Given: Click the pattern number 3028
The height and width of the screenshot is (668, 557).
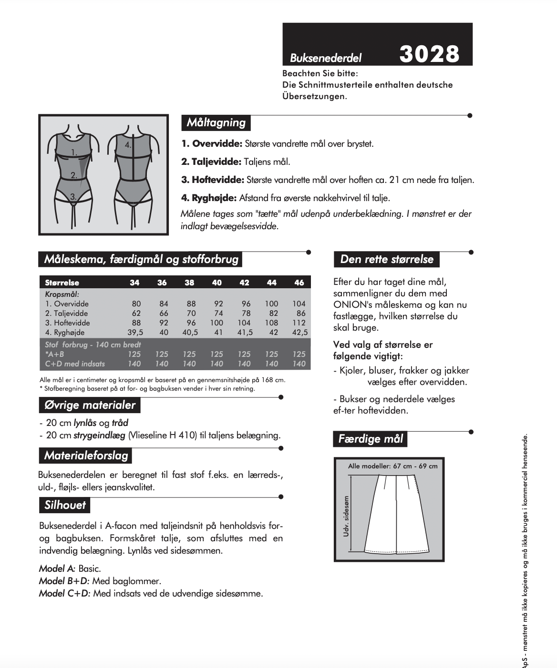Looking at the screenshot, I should point(429,54).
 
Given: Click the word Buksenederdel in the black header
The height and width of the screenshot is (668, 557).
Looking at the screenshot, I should point(326,58).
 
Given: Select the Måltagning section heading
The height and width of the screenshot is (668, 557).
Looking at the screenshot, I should point(216,122).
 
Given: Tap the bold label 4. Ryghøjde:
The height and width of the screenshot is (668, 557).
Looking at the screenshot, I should point(209,198).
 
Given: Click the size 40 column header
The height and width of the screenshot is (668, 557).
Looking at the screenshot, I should point(217,283).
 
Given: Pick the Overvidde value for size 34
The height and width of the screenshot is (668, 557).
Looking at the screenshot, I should point(136,304).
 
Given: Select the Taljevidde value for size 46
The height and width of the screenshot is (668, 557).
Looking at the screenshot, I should point(300,313).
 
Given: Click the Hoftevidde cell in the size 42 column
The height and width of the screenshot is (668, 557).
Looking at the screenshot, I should point(244,323).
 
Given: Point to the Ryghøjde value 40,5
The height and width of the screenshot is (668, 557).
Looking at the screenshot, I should point(190,332).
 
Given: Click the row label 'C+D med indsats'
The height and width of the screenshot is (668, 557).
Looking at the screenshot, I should point(75,364).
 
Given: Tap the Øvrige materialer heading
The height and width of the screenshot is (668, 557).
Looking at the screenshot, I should point(90,405).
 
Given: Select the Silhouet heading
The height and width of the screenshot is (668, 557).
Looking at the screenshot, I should point(65,505).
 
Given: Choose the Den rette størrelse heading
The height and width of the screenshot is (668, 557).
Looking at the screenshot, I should point(387,259).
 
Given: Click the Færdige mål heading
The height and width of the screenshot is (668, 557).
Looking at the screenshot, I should point(371,439).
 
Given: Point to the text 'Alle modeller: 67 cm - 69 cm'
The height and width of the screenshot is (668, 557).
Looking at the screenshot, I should point(392,466).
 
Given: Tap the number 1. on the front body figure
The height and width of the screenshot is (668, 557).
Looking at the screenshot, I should point(74,152).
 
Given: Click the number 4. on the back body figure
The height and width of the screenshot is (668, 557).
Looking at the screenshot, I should point(128,144).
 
